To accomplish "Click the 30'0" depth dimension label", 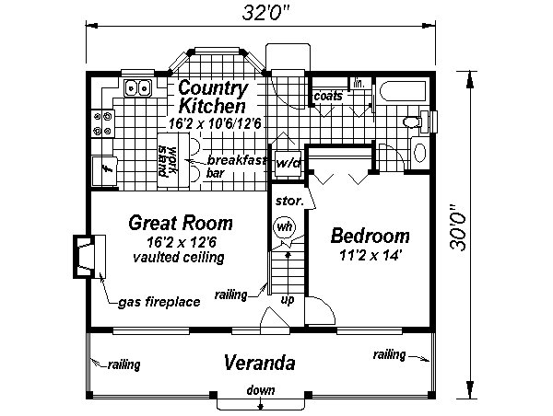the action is [x=458, y=228].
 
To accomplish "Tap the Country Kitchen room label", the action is [x=213, y=97].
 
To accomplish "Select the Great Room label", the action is [x=181, y=223].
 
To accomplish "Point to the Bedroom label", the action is [x=370, y=236].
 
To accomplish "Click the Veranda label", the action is [x=260, y=363].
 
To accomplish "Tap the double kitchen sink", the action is [x=138, y=87].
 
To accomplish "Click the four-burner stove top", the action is [x=102, y=123].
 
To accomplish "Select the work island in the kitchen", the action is [x=173, y=160].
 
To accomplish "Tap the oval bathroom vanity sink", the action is [x=419, y=153].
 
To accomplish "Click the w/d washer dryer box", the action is [x=288, y=164].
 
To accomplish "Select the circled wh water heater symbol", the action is [x=284, y=226].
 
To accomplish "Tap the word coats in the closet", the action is [x=328, y=96].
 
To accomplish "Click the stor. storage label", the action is [x=289, y=202].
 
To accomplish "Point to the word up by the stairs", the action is [x=288, y=300].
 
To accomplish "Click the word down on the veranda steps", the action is [x=261, y=390].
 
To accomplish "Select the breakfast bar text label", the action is [x=236, y=167].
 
